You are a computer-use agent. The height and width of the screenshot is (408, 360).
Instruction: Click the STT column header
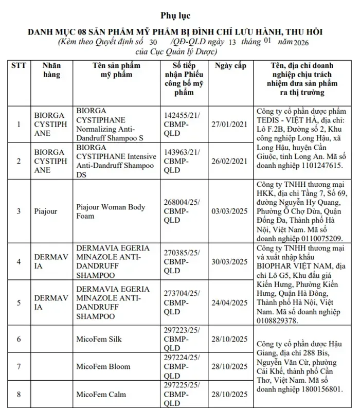point(19,66)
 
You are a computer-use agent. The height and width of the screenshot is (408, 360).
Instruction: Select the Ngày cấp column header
point(231,66)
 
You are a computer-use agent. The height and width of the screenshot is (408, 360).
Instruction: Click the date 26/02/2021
point(231,161)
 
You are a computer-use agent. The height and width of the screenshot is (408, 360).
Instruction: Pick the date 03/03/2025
point(231,211)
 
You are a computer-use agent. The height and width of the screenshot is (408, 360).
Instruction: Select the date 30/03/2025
point(231,261)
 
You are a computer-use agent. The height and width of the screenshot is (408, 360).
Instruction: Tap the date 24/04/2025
point(231,303)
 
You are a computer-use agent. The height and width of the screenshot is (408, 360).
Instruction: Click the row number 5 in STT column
point(19,303)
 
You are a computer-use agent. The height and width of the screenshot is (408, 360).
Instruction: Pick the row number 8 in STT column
point(19,395)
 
